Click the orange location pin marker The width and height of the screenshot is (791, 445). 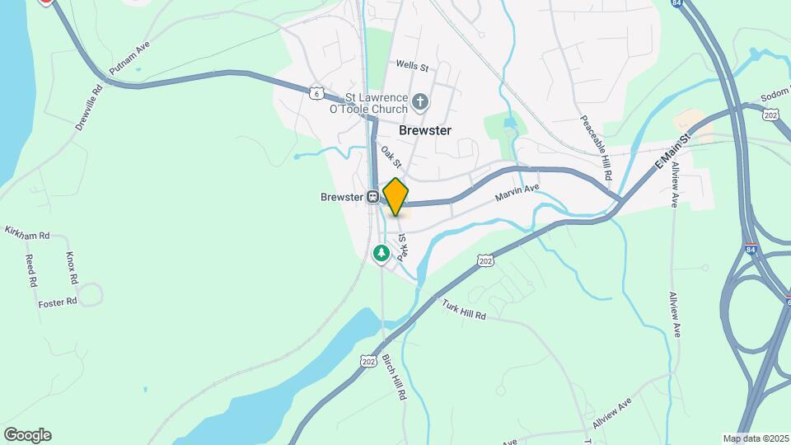click(395, 196)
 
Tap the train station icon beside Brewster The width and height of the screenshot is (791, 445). click(373, 197)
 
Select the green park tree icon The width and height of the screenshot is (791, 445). click(381, 252)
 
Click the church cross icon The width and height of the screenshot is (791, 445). click(420, 101)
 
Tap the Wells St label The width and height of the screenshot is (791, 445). click(413, 64)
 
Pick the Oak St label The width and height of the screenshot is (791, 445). click(391, 157)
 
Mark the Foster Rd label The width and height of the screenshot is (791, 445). click(58, 302)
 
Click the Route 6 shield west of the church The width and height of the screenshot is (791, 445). click(316, 93)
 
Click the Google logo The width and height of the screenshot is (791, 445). click(27, 435)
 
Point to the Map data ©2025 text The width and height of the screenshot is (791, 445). click(755, 438)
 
